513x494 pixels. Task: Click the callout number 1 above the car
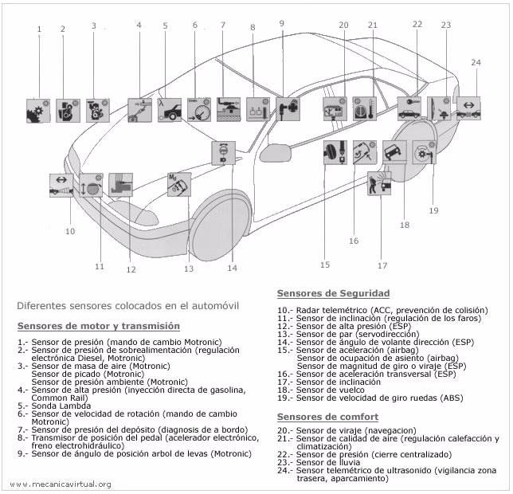click(x=38, y=29)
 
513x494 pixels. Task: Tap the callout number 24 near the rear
click(x=476, y=62)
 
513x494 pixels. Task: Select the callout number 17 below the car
click(x=382, y=265)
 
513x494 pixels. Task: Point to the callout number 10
click(x=70, y=231)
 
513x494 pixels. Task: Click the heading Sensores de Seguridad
click(x=333, y=293)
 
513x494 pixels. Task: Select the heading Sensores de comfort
click(x=327, y=417)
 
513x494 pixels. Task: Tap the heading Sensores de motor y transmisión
click(x=98, y=326)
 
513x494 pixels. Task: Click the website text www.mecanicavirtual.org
click(x=61, y=484)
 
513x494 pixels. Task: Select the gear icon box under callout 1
click(x=38, y=110)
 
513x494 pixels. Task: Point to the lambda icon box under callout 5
click(x=169, y=108)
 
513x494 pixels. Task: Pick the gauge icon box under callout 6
click(x=199, y=108)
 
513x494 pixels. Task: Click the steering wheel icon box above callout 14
click(x=223, y=152)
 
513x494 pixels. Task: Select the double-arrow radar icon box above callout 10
click(x=61, y=185)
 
